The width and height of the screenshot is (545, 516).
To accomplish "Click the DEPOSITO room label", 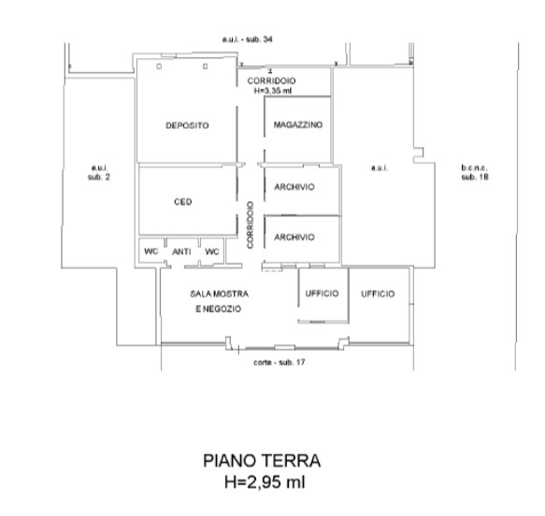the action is point(187,125).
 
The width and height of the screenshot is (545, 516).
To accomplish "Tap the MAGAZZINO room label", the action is point(298,124).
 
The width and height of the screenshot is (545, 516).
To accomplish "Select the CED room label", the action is point(183,202).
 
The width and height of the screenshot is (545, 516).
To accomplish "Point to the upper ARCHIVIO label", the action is point(294,187).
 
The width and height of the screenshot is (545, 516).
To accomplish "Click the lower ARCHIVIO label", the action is point(294,237).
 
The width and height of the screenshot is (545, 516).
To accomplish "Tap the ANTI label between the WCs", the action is point(181,251).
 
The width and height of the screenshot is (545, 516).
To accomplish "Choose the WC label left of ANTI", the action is point(151,251).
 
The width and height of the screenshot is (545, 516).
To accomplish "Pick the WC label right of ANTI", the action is point(212,251).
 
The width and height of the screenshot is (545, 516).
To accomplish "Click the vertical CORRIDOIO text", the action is point(251,225).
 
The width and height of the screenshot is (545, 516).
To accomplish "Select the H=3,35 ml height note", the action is point(273,91).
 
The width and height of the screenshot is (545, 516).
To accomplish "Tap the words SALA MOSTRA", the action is point(220,294).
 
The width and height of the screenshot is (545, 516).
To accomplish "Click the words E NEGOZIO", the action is point(218,308).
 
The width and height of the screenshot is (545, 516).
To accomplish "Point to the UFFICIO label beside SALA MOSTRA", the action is point(322,294).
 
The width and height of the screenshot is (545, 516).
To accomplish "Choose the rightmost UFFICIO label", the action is point(378,294).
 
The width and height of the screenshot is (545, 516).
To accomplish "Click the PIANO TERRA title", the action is point(262,461).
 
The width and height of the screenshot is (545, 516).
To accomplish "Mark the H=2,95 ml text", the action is point(265,482).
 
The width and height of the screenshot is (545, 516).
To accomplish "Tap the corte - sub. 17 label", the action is point(280,363).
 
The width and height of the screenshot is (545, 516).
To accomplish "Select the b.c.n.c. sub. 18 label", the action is point(475,172).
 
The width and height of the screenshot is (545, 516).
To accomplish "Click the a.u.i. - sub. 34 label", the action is point(247,39).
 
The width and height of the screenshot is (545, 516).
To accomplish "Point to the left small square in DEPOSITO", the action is point(159,66).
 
